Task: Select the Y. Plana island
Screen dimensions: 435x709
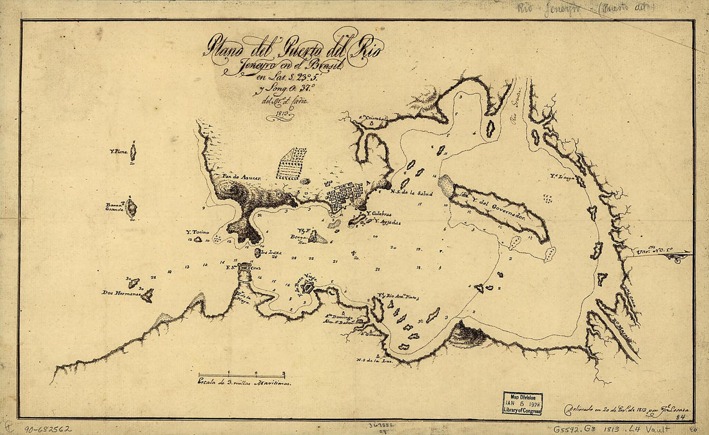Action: [x=133, y=153]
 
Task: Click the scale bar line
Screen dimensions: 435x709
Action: [x=241, y=374]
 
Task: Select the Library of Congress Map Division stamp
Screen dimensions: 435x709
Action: [x=522, y=403]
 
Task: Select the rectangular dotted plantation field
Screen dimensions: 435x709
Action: [x=291, y=163]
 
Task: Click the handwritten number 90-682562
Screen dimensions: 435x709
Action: [x=48, y=428]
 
